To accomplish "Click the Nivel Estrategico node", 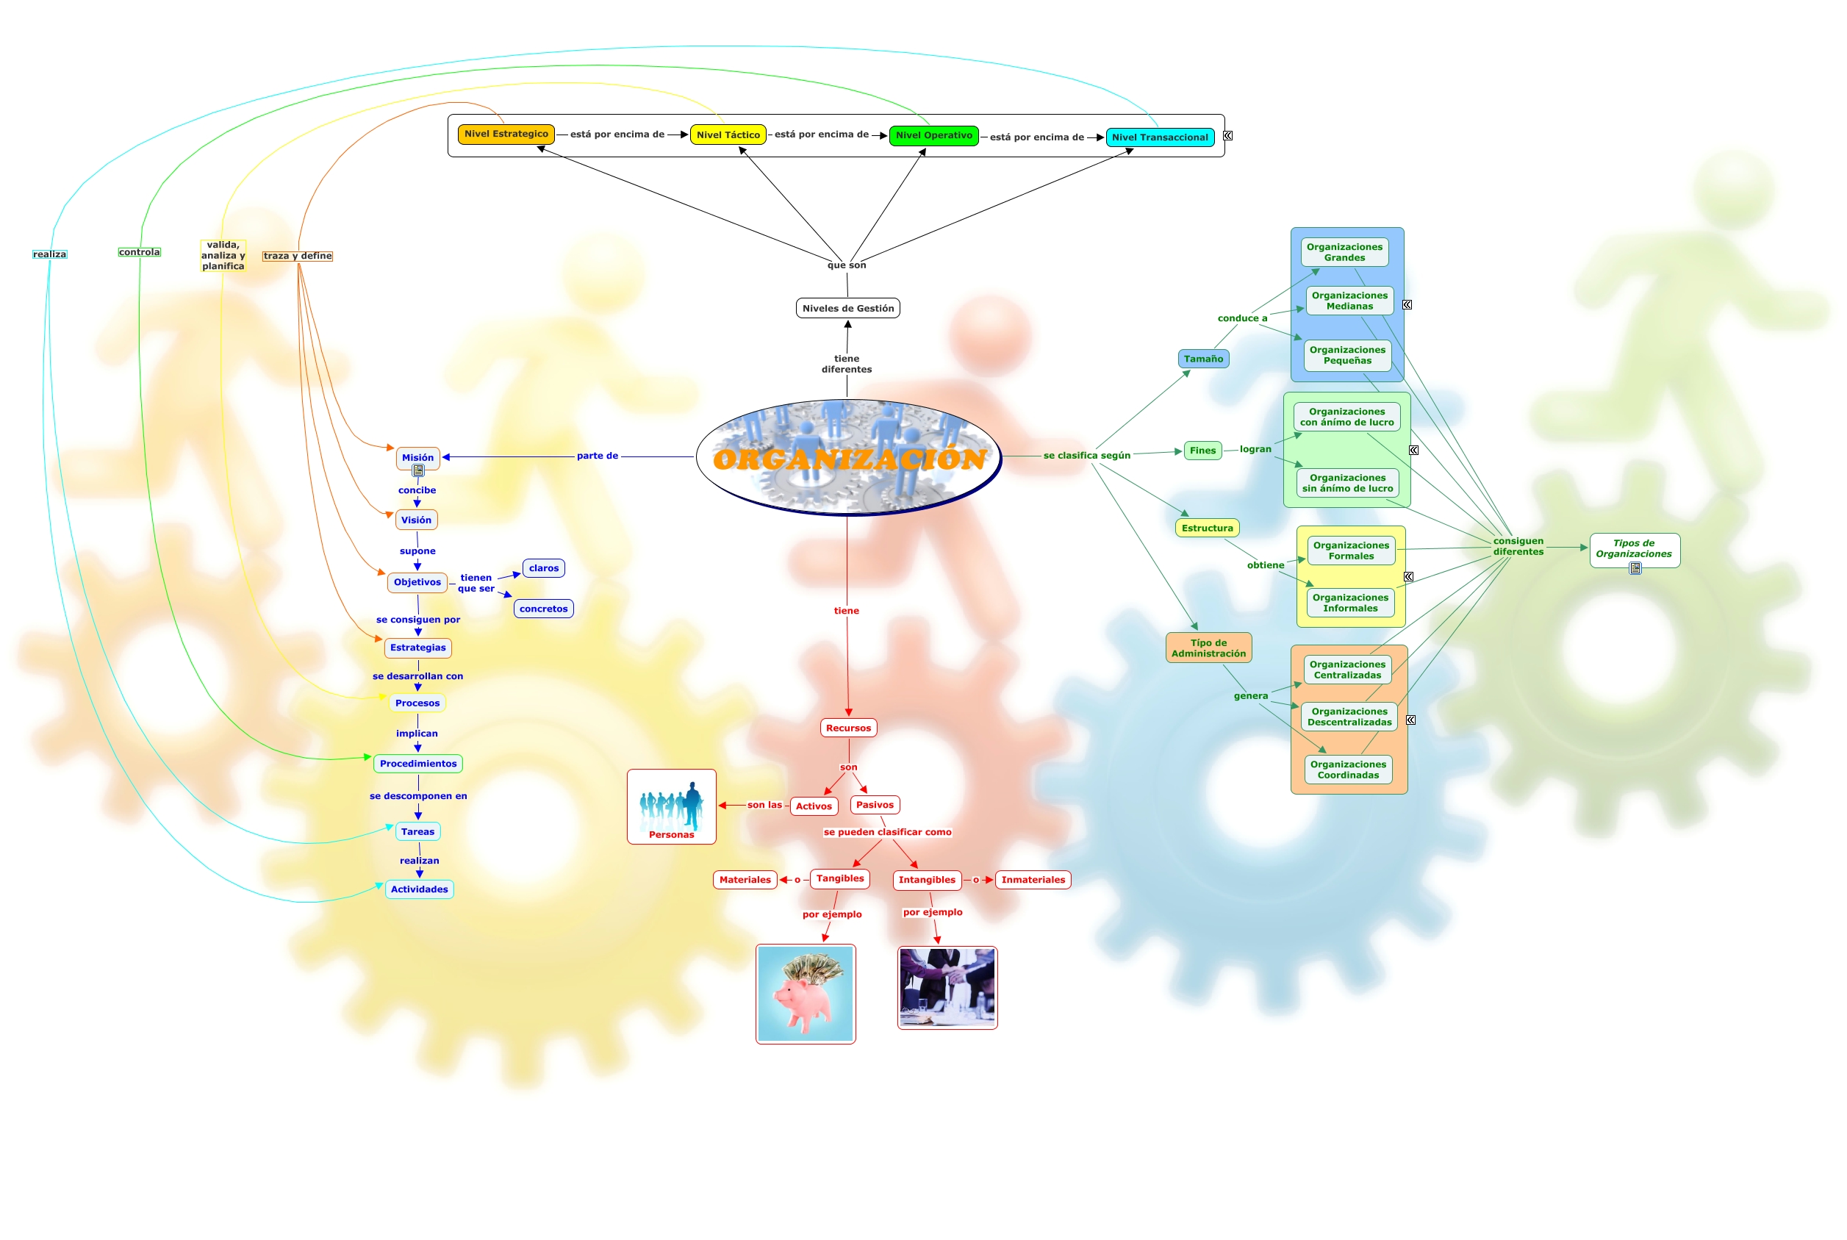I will coord(505,135).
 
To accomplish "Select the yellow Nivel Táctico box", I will coord(728,135).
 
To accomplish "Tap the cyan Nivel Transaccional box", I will coord(1159,137).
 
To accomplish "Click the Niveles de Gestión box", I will coord(847,309).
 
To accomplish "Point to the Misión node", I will coord(417,458).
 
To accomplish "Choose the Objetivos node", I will coord(417,583).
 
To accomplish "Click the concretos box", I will coord(543,609).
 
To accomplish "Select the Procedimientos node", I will coord(418,764).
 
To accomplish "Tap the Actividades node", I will coord(419,889).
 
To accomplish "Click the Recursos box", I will coord(848,728).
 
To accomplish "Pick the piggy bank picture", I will coord(805,994).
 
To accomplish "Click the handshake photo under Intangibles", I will coord(947,989).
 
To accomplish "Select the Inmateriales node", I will coord(1033,880).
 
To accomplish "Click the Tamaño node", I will coord(1202,359).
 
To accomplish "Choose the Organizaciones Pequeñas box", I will coord(1347,356).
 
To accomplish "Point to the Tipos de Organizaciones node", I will coord(1634,549).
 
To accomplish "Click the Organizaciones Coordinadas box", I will coord(1348,770).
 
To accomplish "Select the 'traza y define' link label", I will coord(297,257).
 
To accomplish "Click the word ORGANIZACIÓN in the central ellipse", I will coord(849,459).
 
